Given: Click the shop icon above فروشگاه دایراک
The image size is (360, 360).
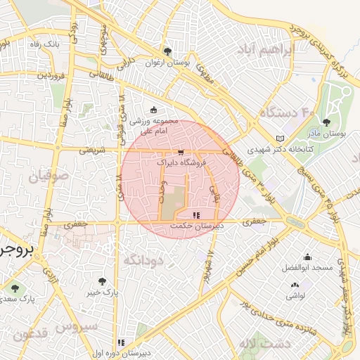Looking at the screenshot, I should (x=181, y=152).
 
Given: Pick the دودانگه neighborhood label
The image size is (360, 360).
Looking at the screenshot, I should (x=143, y=260).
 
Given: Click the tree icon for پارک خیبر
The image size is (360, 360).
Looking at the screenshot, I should (x=103, y=281).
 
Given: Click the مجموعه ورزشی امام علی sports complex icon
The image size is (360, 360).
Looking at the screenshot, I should (x=154, y=109).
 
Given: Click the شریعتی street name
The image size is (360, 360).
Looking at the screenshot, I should (x=91, y=150).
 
